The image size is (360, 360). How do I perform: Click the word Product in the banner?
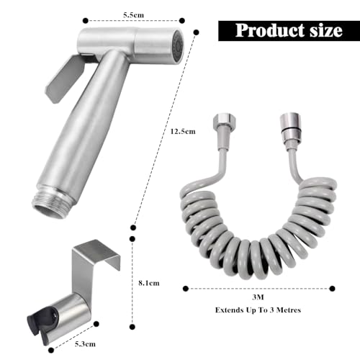tap(262, 30)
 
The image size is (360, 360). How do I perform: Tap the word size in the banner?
tap(323, 30)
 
